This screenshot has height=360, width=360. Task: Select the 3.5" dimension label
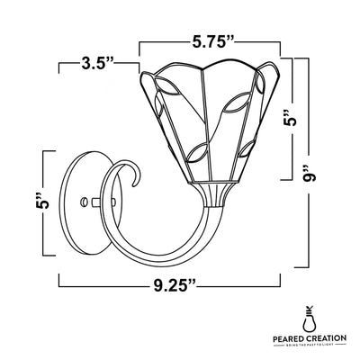click(96, 64)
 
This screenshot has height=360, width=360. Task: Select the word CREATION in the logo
click(328, 340)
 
